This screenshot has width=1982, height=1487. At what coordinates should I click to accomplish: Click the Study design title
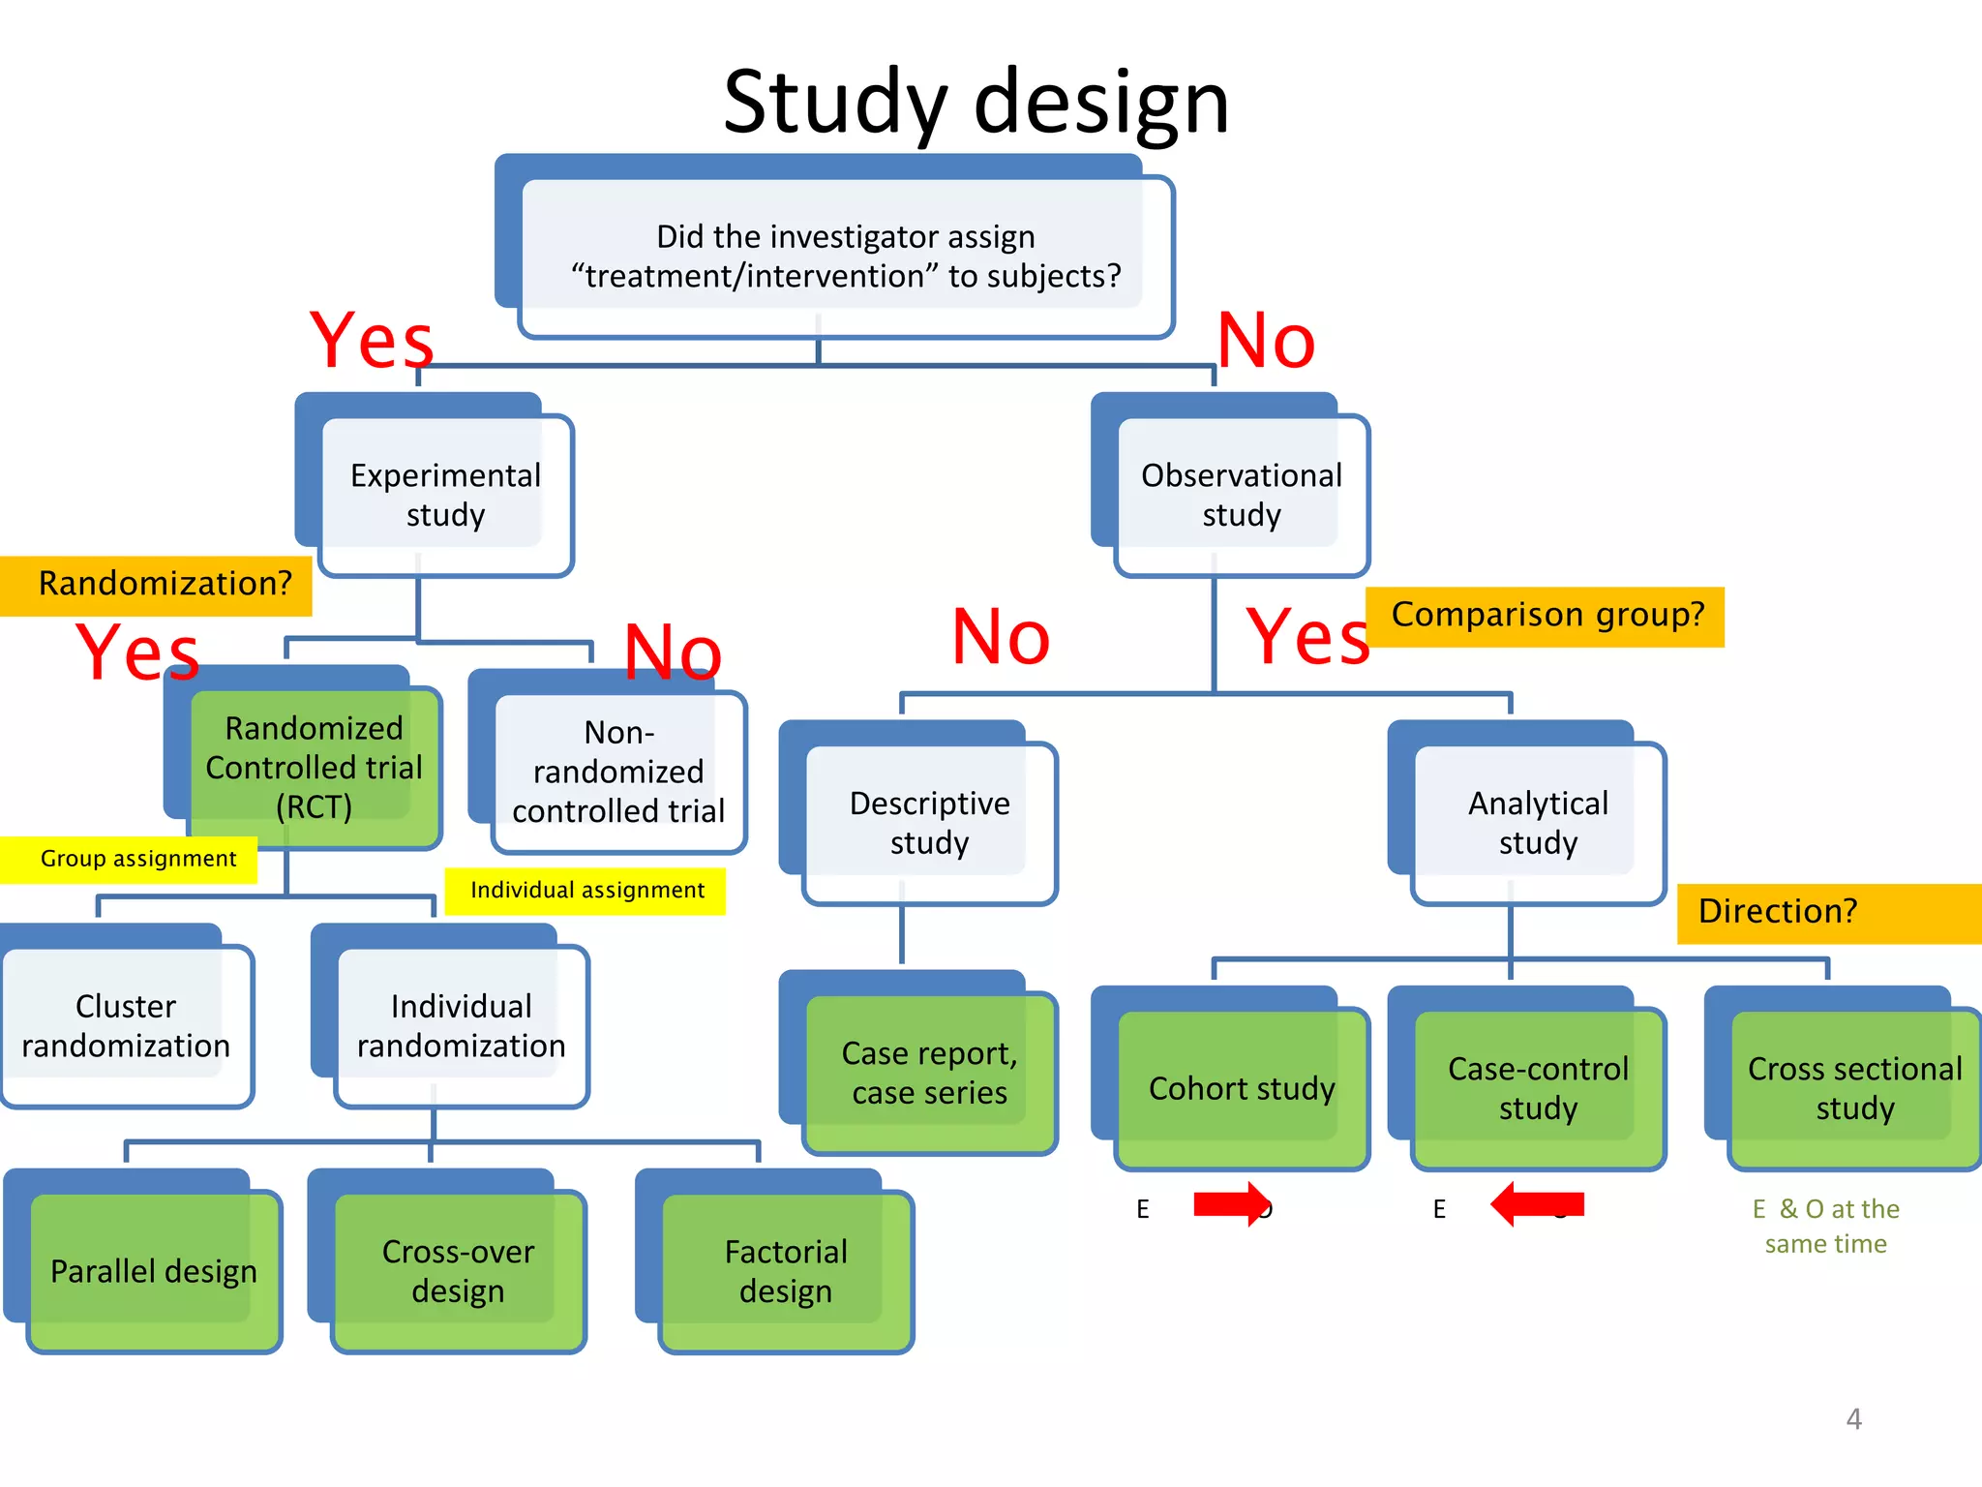point(976,102)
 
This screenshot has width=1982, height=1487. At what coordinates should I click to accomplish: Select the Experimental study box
point(445,495)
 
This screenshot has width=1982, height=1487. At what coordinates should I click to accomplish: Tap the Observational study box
point(1241,495)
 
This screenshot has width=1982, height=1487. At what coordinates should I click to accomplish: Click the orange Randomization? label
point(160,585)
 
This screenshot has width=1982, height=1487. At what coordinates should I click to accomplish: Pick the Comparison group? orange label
point(1547,616)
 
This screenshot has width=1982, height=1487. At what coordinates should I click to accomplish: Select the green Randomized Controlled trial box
point(314,767)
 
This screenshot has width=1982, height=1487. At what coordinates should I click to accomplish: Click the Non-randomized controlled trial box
point(618,772)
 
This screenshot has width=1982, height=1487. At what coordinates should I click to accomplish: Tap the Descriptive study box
point(929,822)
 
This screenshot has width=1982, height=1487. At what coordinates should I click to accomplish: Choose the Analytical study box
point(1538,822)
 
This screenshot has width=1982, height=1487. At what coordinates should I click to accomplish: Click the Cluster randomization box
point(126,1025)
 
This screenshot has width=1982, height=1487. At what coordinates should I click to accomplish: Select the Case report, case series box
point(929,1073)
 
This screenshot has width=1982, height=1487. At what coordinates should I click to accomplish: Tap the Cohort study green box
point(1242,1088)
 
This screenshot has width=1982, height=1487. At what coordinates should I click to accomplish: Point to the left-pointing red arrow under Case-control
point(1538,1204)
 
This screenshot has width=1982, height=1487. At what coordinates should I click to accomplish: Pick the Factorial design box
point(786,1270)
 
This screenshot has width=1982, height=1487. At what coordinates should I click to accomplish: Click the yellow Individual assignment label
point(586,891)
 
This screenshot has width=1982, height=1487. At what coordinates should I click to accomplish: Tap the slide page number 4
point(1853,1419)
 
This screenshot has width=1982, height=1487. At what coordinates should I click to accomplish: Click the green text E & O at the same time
point(1825,1226)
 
